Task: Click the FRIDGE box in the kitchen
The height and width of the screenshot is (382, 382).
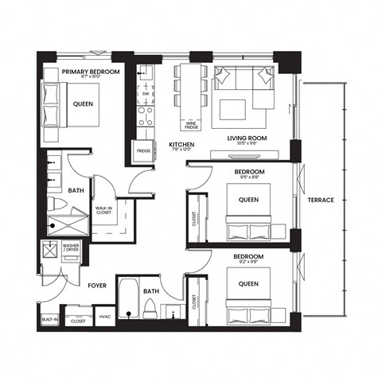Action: [144, 150]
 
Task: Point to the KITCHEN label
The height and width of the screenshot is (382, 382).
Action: [181, 144]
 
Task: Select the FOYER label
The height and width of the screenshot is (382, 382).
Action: [97, 281]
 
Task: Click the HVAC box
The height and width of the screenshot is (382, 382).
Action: [103, 321]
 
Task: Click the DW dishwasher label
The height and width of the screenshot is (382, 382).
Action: [146, 94]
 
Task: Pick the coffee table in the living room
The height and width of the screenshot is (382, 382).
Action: [234, 107]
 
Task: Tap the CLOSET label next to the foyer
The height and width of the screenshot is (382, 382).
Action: [78, 321]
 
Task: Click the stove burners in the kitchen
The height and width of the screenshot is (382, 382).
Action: [146, 117]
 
